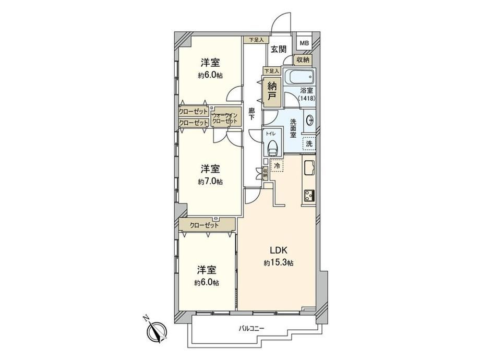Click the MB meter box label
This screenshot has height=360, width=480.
(304, 43)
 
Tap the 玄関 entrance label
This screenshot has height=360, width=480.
(279, 49)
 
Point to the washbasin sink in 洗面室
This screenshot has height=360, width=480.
(309, 120)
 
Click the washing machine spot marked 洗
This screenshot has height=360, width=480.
(309, 143)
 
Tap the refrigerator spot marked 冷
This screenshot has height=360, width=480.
(277, 166)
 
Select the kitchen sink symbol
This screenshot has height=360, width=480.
(309, 167)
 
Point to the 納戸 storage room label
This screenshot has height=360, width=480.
(271, 91)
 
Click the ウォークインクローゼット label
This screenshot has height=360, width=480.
(225, 118)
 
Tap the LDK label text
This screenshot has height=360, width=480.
(278, 250)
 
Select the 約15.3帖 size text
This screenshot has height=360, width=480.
(279, 262)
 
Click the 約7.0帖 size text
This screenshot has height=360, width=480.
(210, 182)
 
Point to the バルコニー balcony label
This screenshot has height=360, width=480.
(251, 329)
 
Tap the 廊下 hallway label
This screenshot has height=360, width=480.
(251, 114)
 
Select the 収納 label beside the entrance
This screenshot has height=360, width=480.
(303, 60)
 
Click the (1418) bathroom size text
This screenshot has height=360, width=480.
(307, 98)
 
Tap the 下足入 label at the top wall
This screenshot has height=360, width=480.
(256, 40)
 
